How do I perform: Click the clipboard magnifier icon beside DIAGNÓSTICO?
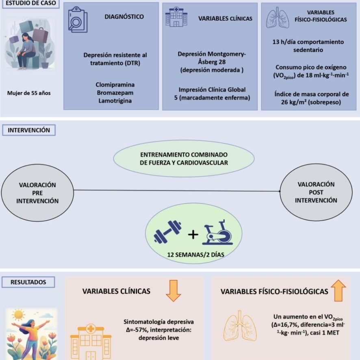coord(78,20)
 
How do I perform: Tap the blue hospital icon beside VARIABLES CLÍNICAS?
coord(176,17)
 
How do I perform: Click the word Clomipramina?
coord(115,85)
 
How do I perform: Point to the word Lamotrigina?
coord(115,101)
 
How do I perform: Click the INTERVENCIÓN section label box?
coord(29,130)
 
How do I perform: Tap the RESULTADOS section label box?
coord(28,282)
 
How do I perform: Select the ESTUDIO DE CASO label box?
coord(31,3)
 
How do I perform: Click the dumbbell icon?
coord(167,232)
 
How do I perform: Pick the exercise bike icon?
coord(217,232)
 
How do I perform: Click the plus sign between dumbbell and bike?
coord(193,234)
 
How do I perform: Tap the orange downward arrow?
coord(173,291)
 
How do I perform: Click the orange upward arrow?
coord(338,291)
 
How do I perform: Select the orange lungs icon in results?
coord(240,326)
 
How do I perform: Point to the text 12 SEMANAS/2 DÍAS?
coord(195,255)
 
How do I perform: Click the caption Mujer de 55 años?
coord(29,93)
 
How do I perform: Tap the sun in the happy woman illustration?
coord(18,315)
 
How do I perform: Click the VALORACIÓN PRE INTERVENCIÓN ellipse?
coord(37,193)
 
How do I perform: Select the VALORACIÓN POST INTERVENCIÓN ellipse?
coord(316,193)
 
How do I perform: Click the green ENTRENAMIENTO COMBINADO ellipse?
coord(184,158)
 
